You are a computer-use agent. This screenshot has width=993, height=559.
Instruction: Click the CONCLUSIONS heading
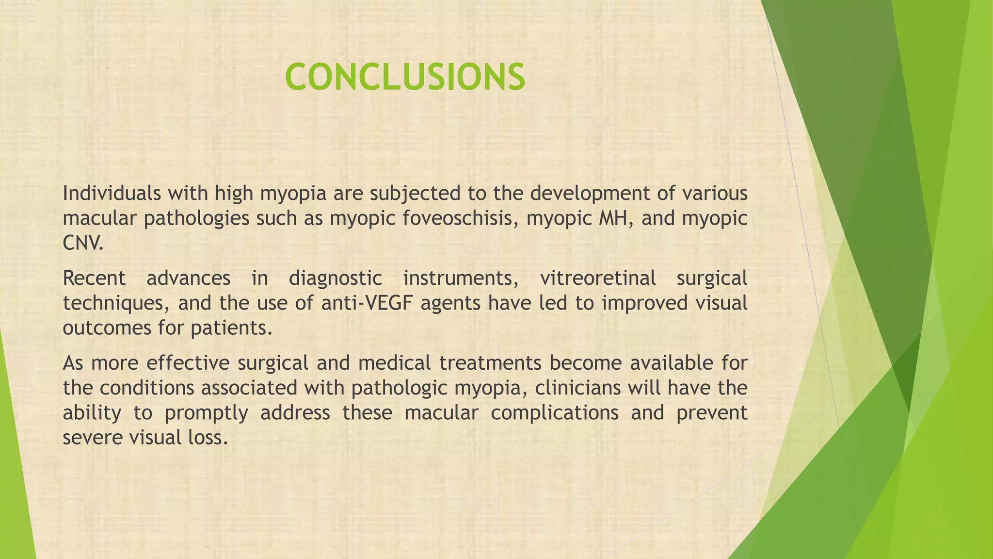[405, 78]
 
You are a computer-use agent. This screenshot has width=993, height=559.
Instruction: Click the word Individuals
[111, 194]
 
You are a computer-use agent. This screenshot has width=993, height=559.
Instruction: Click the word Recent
[94, 279]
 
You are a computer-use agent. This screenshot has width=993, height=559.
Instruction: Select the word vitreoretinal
[597, 279]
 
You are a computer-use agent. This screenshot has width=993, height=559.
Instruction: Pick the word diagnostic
[335, 279]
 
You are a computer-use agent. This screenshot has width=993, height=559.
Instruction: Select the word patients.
[230, 329]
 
